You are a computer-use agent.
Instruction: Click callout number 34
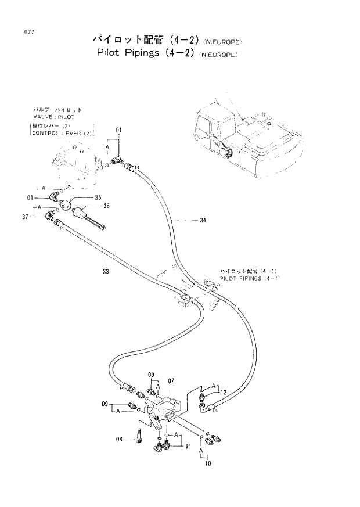pos(202,220)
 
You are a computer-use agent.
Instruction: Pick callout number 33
pos(106,271)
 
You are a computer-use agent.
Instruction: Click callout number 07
pos(171,381)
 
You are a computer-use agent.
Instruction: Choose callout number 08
pos(118,440)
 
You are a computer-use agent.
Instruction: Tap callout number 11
pos(188,447)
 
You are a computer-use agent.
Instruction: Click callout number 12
pos(222,392)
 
